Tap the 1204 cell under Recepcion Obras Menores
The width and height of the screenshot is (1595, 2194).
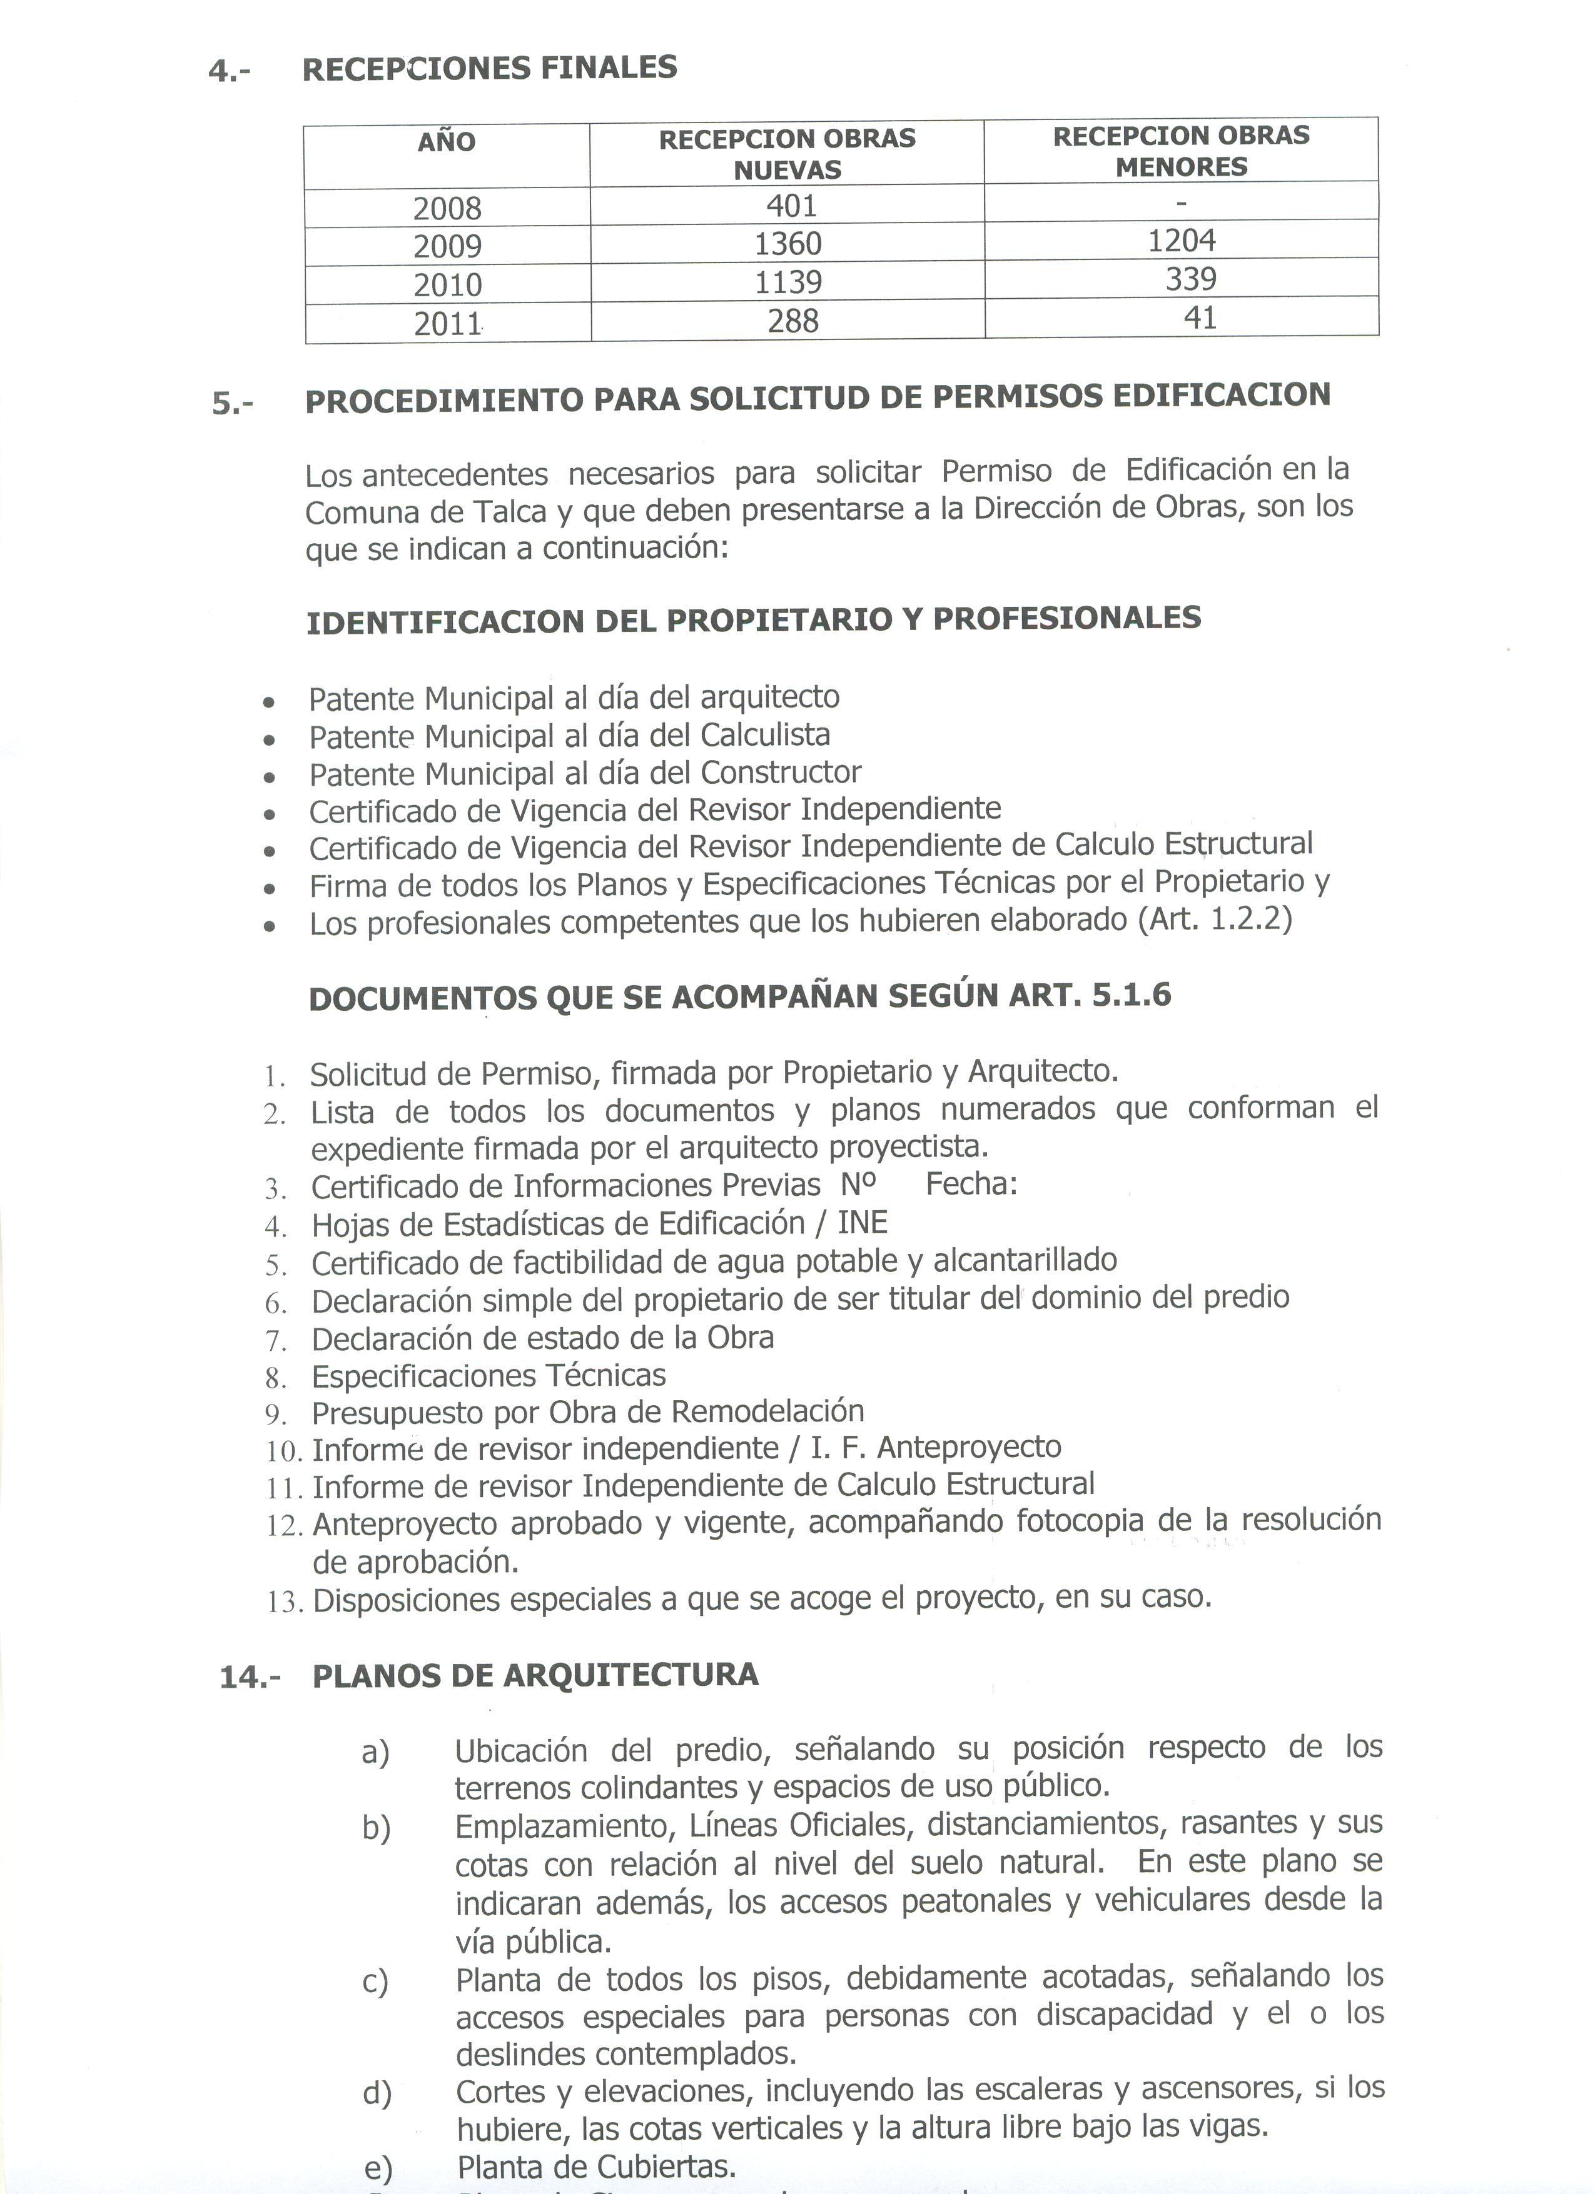pyautogui.click(x=1181, y=240)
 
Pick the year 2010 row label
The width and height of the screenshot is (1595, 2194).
pyautogui.click(x=447, y=284)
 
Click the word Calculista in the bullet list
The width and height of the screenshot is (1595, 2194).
pyautogui.click(x=764, y=735)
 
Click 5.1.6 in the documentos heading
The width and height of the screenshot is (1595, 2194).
pyautogui.click(x=1132, y=995)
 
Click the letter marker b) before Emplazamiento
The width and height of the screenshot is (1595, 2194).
pyautogui.click(x=375, y=1828)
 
